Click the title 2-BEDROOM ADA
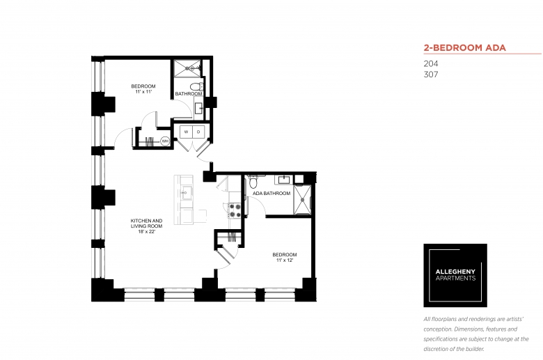click(464, 48)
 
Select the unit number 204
click(431, 64)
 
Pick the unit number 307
click(431, 74)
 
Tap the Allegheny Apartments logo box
click(455, 276)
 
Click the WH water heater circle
click(165, 141)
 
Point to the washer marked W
click(186, 132)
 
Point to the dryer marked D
click(198, 132)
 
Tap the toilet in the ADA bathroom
click(253, 185)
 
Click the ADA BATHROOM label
click(271, 194)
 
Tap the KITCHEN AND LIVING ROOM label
click(146, 224)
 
